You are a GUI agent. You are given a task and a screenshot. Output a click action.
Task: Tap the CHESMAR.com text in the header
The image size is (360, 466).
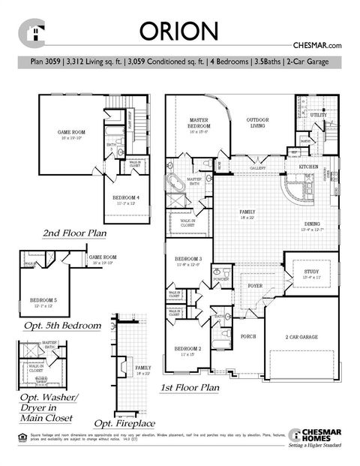pyautogui.click(x=321, y=46)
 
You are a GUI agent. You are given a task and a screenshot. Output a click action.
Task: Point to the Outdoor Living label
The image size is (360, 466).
pyautogui.click(x=258, y=122)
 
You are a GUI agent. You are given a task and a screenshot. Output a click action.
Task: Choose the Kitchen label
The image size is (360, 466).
pyautogui.click(x=309, y=166)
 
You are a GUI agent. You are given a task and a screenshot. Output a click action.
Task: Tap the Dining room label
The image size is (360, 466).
pyautogui.click(x=313, y=224)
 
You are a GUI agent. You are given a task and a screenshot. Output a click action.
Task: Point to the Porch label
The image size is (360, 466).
pyautogui.click(x=249, y=335)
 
